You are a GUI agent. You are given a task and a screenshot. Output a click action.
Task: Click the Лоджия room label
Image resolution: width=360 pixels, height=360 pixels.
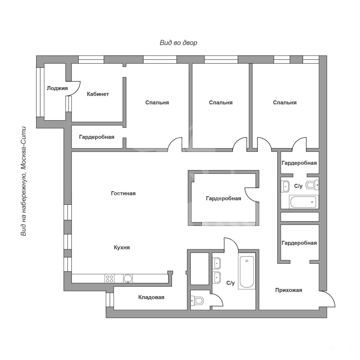click(57, 88)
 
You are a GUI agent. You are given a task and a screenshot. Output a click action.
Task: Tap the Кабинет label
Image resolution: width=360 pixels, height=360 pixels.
click(98, 94)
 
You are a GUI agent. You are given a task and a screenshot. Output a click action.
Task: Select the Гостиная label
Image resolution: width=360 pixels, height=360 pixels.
click(123, 193)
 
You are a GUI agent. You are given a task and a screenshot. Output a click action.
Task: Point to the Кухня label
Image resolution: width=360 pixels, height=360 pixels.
click(122, 248)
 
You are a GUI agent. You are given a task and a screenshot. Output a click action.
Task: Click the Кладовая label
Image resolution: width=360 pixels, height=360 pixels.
click(151, 297)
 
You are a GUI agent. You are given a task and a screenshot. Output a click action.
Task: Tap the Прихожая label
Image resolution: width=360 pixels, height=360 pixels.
click(289, 290)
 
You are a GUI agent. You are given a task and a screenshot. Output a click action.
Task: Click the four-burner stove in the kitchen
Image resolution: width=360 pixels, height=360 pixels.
click(110, 279)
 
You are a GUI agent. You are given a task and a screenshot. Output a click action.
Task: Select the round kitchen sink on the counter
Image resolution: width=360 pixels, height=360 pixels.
click(128, 279)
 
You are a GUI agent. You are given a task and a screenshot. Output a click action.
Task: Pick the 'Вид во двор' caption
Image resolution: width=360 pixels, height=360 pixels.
click(178, 43)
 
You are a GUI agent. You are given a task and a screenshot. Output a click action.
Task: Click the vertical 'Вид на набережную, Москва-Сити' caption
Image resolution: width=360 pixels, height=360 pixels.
click(23, 181)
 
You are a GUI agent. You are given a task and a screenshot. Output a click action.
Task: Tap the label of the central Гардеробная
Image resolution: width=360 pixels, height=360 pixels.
click(223, 198)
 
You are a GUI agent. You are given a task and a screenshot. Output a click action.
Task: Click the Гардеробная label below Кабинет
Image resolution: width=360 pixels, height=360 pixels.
click(97, 137)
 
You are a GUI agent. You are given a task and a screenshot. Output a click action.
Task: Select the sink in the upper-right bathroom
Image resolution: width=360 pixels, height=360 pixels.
click(285, 186)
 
